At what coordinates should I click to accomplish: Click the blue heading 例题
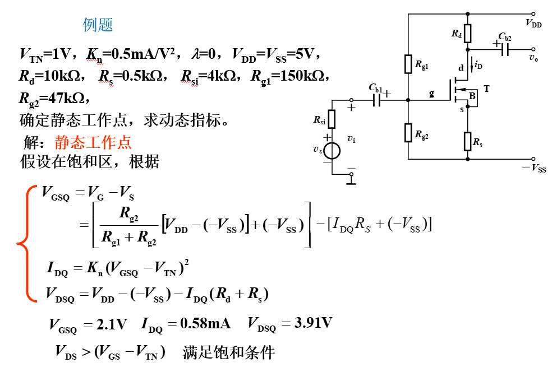click(98, 25)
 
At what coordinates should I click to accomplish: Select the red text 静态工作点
click(93, 142)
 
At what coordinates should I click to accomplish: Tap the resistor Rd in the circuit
click(467, 34)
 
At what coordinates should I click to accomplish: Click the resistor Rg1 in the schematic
click(408, 64)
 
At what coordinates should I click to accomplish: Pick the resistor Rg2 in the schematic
click(408, 133)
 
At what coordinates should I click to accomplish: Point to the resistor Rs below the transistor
click(467, 141)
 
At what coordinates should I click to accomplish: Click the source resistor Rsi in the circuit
click(332, 119)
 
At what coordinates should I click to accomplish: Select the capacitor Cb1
click(376, 100)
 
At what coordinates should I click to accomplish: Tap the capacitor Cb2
click(505, 49)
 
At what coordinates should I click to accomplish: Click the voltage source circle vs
click(332, 151)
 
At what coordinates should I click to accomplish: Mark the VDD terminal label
click(533, 23)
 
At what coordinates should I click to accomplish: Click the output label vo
click(533, 57)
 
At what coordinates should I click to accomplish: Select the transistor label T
click(486, 89)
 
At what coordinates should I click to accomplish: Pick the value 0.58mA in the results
click(205, 323)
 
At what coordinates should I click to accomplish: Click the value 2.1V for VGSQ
click(111, 324)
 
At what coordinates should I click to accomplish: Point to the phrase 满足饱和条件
click(228, 352)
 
